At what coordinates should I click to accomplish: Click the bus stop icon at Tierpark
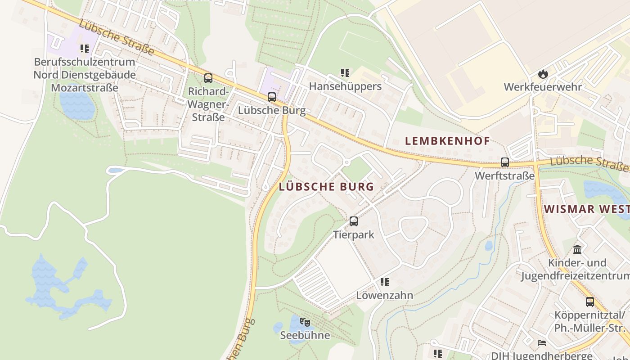(354, 221)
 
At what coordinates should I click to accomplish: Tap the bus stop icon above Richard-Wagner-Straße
(208, 78)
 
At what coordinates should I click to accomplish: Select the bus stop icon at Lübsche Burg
(271, 97)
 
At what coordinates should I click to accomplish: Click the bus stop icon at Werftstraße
(505, 162)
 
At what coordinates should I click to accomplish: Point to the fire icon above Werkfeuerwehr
(543, 74)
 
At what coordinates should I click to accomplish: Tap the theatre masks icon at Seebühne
(305, 322)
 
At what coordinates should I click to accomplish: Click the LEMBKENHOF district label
(447, 141)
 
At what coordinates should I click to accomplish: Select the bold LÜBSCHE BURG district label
(326, 187)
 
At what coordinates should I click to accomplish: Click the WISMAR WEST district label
(586, 209)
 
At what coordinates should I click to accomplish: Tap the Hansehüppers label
(345, 86)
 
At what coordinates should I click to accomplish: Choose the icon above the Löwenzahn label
(384, 282)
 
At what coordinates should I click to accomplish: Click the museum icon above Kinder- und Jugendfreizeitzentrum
(577, 249)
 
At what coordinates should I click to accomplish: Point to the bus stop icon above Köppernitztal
(589, 301)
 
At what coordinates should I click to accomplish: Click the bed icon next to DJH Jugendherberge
(542, 343)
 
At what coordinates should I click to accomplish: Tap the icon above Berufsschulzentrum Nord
(85, 48)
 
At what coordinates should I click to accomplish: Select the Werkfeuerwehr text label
(543, 87)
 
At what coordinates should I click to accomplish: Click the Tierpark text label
(354, 234)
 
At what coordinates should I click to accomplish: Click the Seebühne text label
(305, 335)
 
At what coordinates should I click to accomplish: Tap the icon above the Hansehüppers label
(345, 72)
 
